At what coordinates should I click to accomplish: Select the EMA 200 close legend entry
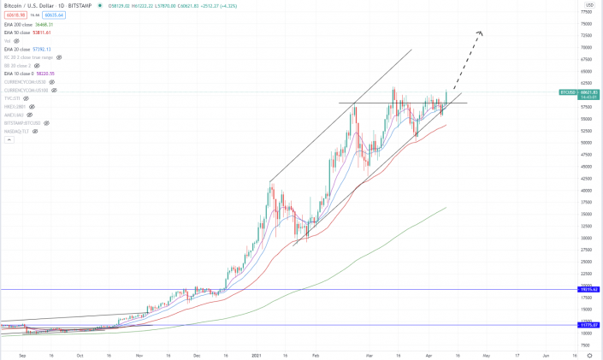tap(28, 24)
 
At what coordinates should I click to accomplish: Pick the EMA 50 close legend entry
tap(27, 32)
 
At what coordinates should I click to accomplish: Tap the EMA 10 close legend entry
tap(27, 74)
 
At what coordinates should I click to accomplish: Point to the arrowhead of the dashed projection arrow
tap(481, 33)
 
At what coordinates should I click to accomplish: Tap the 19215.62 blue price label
tap(589, 290)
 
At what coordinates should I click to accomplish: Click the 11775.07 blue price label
tap(589, 326)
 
